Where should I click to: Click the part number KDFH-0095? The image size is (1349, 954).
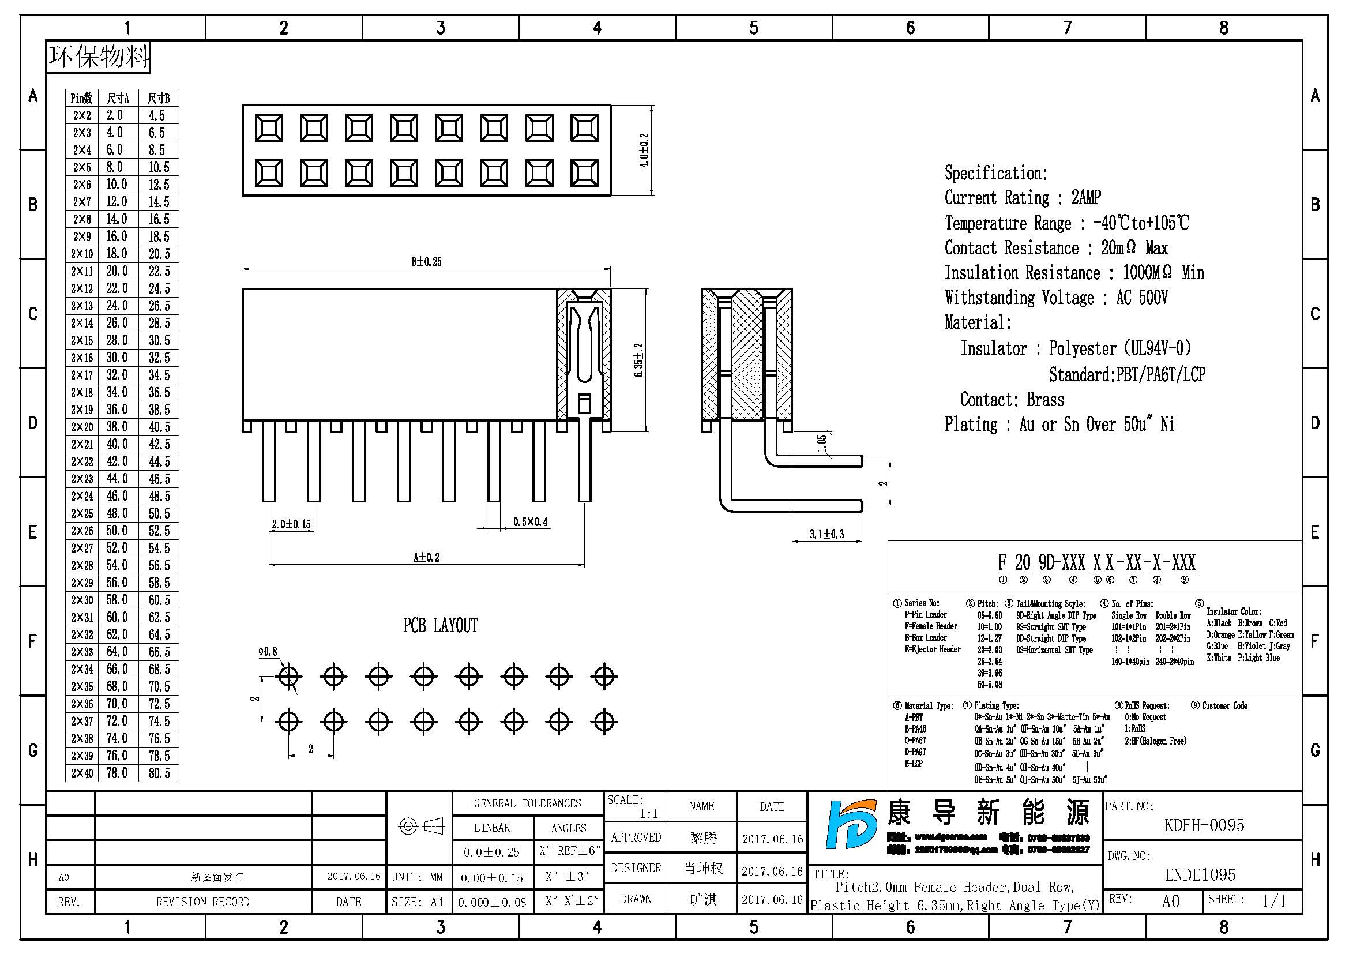point(1204,825)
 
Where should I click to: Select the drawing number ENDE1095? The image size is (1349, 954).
point(1200,876)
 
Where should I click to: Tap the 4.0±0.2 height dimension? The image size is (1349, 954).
point(645,151)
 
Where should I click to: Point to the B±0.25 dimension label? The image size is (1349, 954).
point(426,261)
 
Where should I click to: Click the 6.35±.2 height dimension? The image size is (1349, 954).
point(638,360)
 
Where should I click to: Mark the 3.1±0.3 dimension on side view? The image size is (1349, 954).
point(826,534)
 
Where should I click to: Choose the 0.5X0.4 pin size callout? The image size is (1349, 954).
point(530,521)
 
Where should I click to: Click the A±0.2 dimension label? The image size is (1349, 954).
point(426,557)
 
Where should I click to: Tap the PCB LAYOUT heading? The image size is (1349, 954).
point(440,626)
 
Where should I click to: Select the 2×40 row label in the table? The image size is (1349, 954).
point(82,773)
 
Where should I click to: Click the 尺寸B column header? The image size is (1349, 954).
point(159,98)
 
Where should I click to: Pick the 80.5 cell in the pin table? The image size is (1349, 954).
point(159,773)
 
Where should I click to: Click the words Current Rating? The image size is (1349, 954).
point(997,198)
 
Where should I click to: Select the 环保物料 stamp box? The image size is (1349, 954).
point(99,57)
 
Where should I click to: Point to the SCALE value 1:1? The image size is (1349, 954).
point(649,814)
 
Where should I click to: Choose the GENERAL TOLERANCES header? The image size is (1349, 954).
point(527,803)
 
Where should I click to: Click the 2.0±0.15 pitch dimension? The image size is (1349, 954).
point(291,524)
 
